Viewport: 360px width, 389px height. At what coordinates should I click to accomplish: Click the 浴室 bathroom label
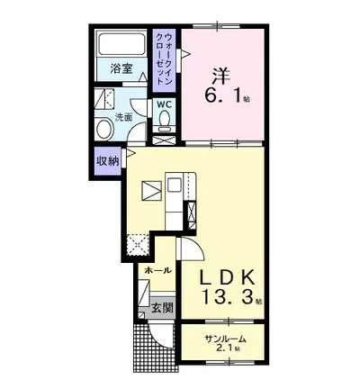(x=121, y=69)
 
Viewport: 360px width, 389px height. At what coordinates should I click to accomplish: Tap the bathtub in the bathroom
(x=121, y=43)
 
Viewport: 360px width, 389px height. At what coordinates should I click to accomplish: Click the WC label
(x=165, y=104)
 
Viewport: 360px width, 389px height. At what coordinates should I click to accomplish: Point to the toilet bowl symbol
(x=165, y=120)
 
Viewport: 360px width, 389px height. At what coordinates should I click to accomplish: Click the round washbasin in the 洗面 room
(x=104, y=129)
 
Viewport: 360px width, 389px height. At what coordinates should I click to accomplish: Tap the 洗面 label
(x=124, y=118)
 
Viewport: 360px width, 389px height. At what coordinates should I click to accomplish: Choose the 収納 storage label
(x=107, y=161)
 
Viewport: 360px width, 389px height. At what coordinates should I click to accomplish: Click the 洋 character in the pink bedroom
(x=222, y=77)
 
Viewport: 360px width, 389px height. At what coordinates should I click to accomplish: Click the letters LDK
(x=228, y=277)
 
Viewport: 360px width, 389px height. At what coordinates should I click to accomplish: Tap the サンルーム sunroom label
(x=226, y=339)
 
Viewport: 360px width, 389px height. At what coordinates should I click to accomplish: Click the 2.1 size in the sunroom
(x=228, y=348)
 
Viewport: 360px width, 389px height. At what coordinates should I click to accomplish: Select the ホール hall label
(x=157, y=270)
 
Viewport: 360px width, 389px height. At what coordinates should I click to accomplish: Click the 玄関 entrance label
(x=162, y=307)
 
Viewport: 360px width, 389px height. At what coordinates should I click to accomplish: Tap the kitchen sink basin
(x=174, y=185)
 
